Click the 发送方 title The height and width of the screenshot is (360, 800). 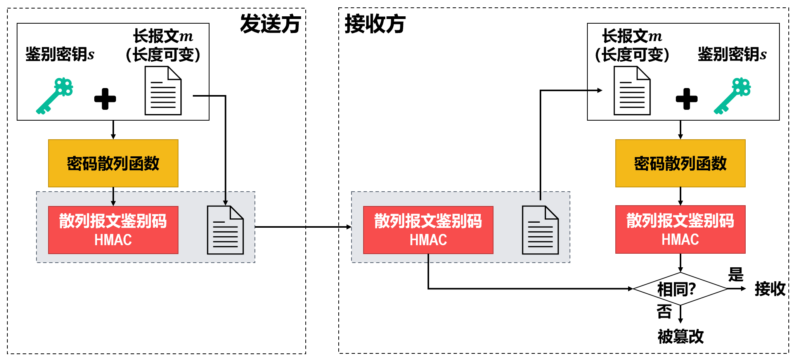pyautogui.click(x=270, y=24)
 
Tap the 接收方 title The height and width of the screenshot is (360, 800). pyautogui.click(x=375, y=24)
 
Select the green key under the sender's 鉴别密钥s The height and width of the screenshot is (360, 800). pyautogui.click(x=55, y=96)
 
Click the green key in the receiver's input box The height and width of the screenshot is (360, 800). pyautogui.click(x=732, y=96)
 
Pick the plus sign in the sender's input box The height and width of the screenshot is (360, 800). pyautogui.click(x=105, y=99)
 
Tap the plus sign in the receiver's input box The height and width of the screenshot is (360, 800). pyautogui.click(x=686, y=99)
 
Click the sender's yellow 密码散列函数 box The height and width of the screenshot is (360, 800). pyautogui.click(x=113, y=163)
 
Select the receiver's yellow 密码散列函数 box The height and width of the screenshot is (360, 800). pyautogui.click(x=680, y=163)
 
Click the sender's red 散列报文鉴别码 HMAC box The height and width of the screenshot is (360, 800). pyautogui.click(x=113, y=230)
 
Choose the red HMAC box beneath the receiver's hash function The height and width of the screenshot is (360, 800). pyautogui.click(x=680, y=230)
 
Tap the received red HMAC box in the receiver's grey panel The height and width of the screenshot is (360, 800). pyautogui.click(x=428, y=230)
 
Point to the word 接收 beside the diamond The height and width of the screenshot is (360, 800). pyautogui.click(x=770, y=289)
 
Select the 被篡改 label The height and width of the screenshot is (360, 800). pyautogui.click(x=681, y=336)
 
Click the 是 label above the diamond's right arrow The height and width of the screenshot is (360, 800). pyautogui.click(x=736, y=275)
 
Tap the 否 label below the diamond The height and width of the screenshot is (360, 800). pyautogui.click(x=664, y=312)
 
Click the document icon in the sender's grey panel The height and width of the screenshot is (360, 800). pyautogui.click(x=225, y=230)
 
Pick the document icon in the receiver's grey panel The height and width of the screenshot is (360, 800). pyautogui.click(x=540, y=230)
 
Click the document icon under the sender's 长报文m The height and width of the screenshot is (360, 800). pyautogui.click(x=163, y=91)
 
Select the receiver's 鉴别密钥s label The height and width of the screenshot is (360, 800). pyautogui.click(x=732, y=54)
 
